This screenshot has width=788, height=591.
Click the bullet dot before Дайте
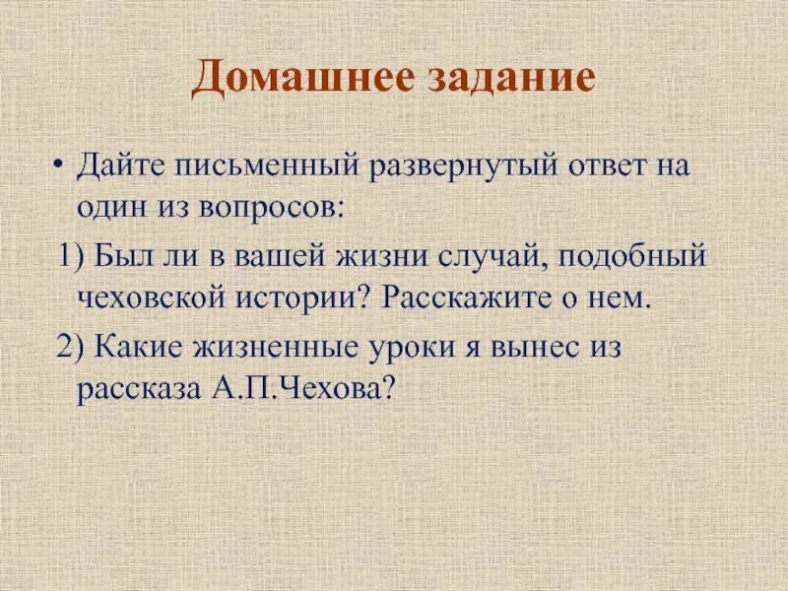60,163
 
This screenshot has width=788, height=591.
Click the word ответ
619,163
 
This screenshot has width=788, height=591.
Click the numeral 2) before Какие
72,350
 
